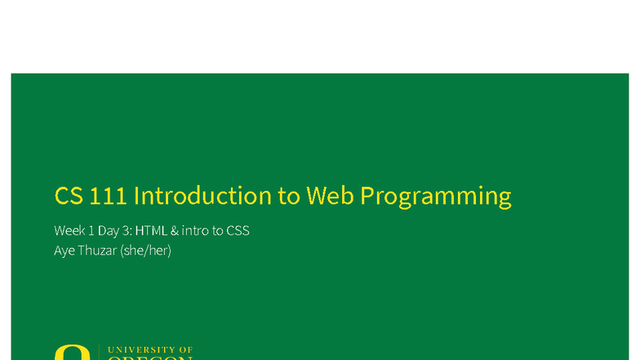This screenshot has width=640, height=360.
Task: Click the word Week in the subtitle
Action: pyautogui.click(x=69, y=231)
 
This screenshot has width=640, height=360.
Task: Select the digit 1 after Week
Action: pyautogui.click(x=92, y=231)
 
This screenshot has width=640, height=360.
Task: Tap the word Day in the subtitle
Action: pyautogui.click(x=110, y=231)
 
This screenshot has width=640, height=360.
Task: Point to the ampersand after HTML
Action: pyautogui.click(x=175, y=231)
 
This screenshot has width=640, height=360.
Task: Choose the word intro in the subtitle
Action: pyautogui.click(x=195, y=231)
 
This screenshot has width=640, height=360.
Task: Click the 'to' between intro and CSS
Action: pyautogui.click(x=217, y=231)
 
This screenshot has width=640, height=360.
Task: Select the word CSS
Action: pyautogui.click(x=238, y=231)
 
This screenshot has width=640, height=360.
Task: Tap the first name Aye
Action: pyautogui.click(x=64, y=251)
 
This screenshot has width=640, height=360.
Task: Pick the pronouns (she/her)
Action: pyautogui.click(x=146, y=251)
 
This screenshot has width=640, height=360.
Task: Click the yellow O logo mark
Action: pyautogui.click(x=72, y=353)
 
